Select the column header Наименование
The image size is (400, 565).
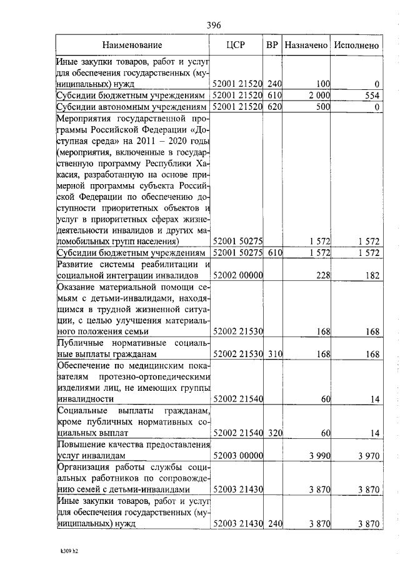[132, 45]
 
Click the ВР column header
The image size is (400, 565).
[272, 45]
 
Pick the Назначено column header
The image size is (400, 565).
[306, 45]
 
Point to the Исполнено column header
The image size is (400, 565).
[356, 45]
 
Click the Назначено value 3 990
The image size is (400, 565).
[318, 456]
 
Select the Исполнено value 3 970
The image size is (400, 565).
[369, 456]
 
